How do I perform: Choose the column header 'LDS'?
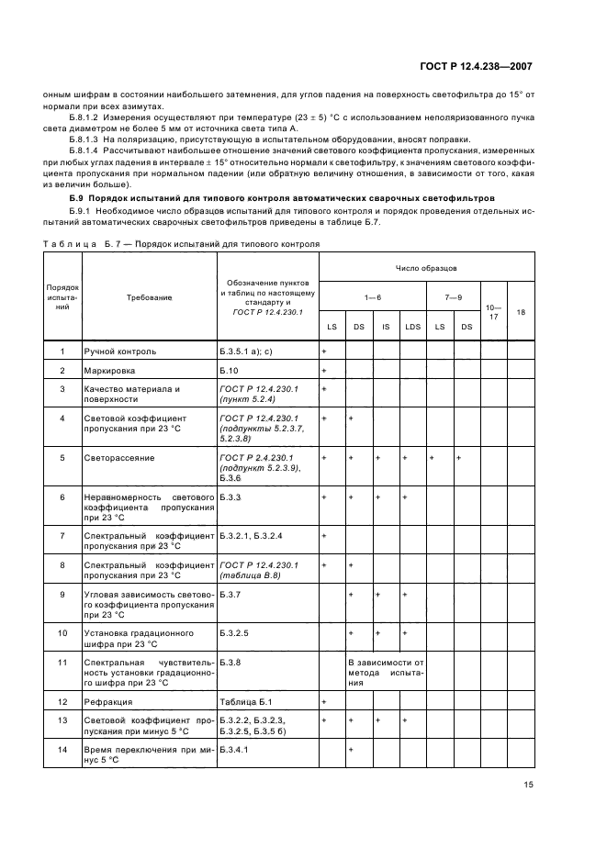pyautogui.click(x=412, y=327)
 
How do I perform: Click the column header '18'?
pyautogui.click(x=521, y=312)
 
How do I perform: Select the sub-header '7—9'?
pyautogui.click(x=453, y=297)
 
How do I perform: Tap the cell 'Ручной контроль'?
pyautogui.click(x=120, y=351)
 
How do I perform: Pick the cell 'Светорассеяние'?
pyautogui.click(x=119, y=457)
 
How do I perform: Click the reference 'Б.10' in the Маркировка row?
pyautogui.click(x=230, y=370)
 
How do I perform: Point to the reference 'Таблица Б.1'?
pyautogui.click(x=244, y=702)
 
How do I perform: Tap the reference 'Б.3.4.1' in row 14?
pyautogui.click(x=235, y=750)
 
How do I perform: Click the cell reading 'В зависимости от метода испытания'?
pyautogui.click(x=385, y=672)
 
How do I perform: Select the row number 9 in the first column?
pyautogui.click(x=62, y=595)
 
